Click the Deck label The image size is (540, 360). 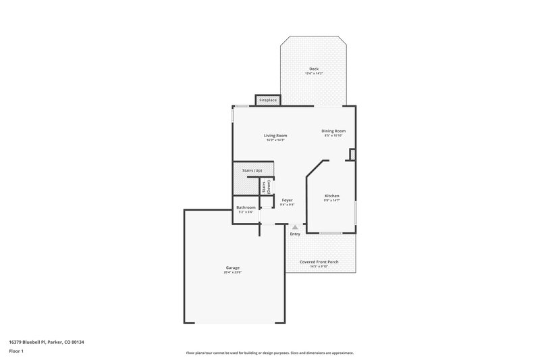point(313,69)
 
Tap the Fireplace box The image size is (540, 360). point(268,101)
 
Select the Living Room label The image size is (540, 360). point(275,135)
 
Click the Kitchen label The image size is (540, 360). point(331,195)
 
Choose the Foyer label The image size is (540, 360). point(288,200)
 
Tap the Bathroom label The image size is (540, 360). point(246,207)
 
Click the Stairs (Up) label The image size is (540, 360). point(252,170)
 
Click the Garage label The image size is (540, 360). point(233,267)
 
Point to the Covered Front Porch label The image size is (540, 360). point(319,261)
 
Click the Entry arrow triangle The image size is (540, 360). point(294,228)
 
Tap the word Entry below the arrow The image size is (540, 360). point(295,234)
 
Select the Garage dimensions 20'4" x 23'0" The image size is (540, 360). point(233,272)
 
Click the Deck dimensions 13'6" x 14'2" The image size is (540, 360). point(313,74)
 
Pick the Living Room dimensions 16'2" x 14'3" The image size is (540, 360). point(275,140)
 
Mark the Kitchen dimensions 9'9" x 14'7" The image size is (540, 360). point(331,200)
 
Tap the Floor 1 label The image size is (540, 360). point(17,352)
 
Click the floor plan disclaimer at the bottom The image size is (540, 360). point(270,353)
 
